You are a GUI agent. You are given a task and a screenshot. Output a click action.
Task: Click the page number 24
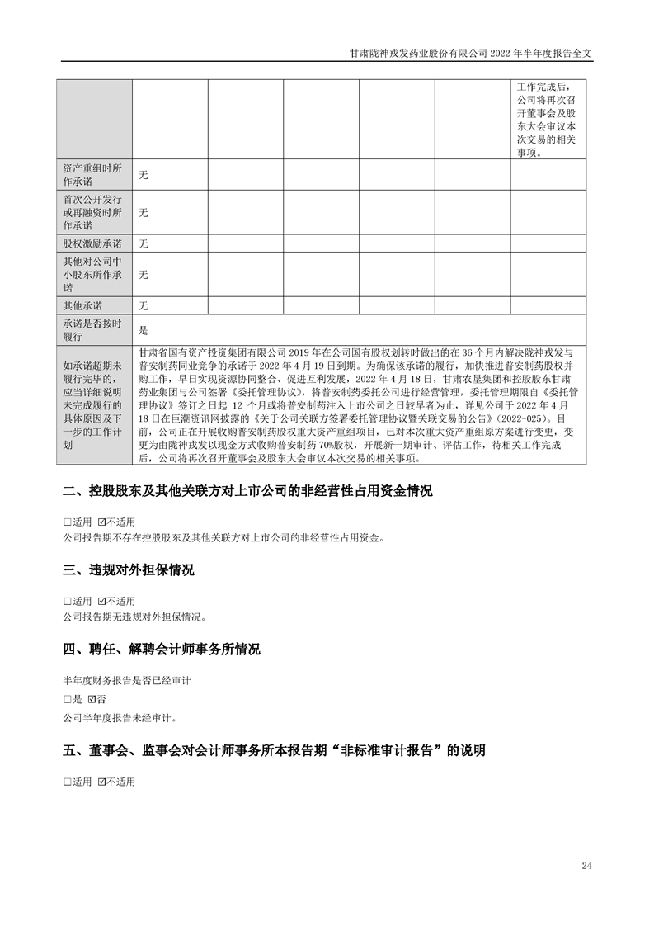click(x=586, y=866)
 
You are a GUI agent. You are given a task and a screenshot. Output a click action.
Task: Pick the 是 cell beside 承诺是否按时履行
click(x=143, y=331)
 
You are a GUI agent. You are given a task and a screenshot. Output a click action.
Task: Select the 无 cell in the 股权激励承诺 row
click(x=143, y=244)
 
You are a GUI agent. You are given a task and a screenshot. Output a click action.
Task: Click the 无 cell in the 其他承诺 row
click(x=143, y=306)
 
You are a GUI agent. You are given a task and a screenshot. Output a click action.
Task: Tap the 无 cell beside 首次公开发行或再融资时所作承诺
click(x=143, y=213)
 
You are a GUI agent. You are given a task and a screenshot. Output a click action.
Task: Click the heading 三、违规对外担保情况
click(x=129, y=570)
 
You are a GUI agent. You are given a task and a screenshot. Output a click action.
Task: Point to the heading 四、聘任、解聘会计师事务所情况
click(x=162, y=650)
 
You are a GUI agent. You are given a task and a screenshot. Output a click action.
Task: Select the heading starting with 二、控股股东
click(x=247, y=492)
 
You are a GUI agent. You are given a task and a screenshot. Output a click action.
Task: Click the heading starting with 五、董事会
click(x=274, y=751)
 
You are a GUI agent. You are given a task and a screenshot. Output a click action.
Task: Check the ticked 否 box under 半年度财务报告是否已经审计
click(x=101, y=699)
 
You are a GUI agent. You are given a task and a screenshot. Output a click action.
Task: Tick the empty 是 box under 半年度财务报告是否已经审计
click(x=67, y=699)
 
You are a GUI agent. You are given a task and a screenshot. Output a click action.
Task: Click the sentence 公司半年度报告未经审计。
click(x=120, y=717)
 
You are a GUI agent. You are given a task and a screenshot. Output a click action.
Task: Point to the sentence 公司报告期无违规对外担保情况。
click(x=134, y=617)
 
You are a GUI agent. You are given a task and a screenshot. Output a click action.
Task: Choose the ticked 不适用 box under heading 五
click(x=101, y=781)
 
